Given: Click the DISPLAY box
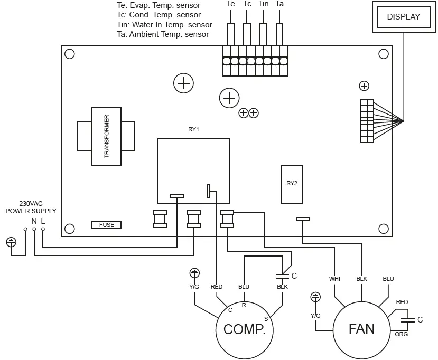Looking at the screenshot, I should [403, 16].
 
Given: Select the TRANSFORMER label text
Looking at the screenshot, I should [106, 136].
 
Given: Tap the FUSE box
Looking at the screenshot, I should [106, 225].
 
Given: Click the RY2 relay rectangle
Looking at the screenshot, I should [292, 184].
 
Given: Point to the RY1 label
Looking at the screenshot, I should [194, 129].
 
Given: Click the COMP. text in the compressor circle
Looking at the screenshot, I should [244, 329].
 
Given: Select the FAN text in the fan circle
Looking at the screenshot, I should [361, 328].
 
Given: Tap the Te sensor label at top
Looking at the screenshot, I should [230, 4].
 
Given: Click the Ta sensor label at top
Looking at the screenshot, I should [279, 4].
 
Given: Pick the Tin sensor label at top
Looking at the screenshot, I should [263, 4].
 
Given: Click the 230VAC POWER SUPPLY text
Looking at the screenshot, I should [31, 207].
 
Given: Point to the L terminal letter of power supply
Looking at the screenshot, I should [43, 221].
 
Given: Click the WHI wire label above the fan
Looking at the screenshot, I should [335, 279].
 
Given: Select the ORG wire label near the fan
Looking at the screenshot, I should [402, 334].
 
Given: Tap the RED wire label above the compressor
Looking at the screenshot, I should [216, 287].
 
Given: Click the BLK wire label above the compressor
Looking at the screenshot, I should [282, 287].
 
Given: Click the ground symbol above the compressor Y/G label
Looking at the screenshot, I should [194, 273].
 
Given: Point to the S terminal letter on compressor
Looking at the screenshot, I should [266, 318].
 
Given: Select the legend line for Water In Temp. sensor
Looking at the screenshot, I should [164, 25].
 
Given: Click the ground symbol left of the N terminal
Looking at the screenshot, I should [12, 242].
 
